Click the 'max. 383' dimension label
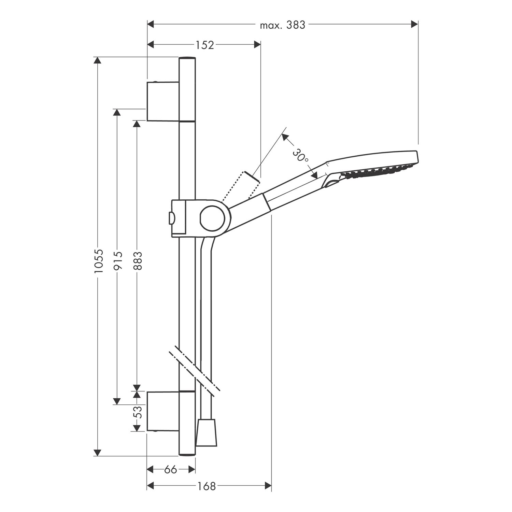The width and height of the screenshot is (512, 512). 282,25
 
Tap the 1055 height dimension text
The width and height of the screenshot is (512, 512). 98,261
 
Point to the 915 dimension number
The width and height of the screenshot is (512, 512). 117,261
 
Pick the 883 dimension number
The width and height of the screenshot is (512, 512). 137,261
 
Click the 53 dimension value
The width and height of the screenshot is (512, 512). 137,412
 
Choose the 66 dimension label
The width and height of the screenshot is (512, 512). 171,470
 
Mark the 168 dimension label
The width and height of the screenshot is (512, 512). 207,486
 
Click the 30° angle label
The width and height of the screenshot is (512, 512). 300,156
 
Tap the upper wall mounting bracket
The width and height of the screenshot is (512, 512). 163,101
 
